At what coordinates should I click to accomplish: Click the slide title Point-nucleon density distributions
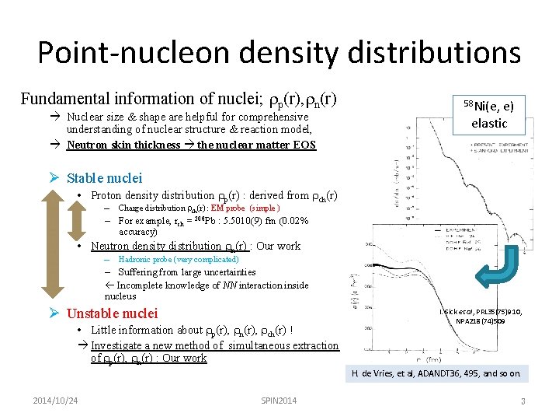click(x=279, y=53)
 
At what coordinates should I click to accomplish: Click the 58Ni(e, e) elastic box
click(x=488, y=114)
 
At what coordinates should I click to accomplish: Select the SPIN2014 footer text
click(x=279, y=401)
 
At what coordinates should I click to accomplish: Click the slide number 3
click(x=523, y=401)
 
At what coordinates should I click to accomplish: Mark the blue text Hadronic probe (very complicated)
click(x=179, y=259)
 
